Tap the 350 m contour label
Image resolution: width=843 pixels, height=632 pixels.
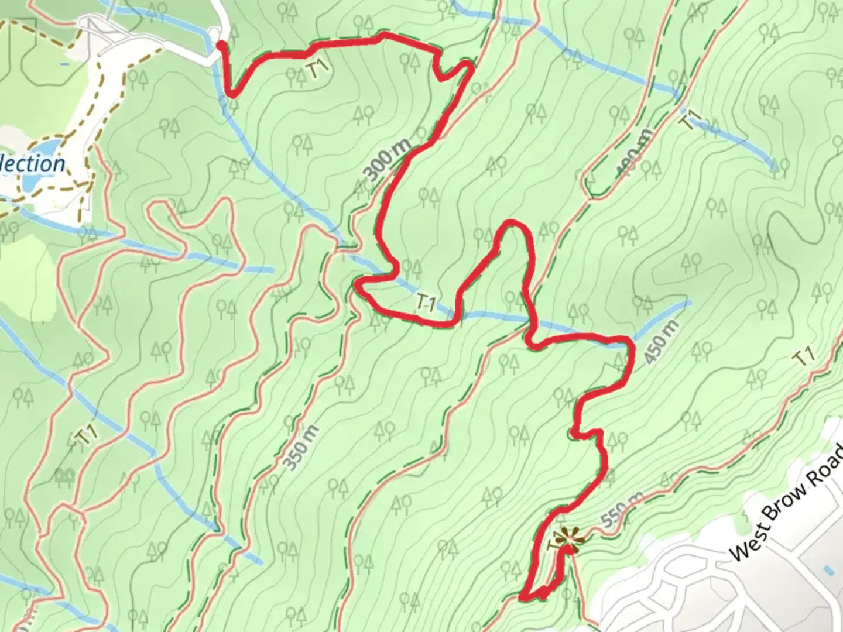click(301, 447)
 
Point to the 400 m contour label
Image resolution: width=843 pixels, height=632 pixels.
click(633, 153)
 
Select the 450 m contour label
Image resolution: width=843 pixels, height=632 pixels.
click(662, 342)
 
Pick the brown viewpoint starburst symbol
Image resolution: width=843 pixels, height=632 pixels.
click(566, 539)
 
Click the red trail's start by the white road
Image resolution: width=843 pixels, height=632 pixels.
click(221, 44)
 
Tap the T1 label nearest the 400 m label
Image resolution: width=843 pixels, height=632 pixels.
click(691, 121)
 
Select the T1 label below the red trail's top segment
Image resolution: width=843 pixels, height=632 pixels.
click(317, 69)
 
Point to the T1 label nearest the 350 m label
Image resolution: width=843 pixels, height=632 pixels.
click(86, 436)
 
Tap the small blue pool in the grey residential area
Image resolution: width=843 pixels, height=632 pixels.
click(827, 569)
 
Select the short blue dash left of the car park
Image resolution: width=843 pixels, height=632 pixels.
click(64, 63)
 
